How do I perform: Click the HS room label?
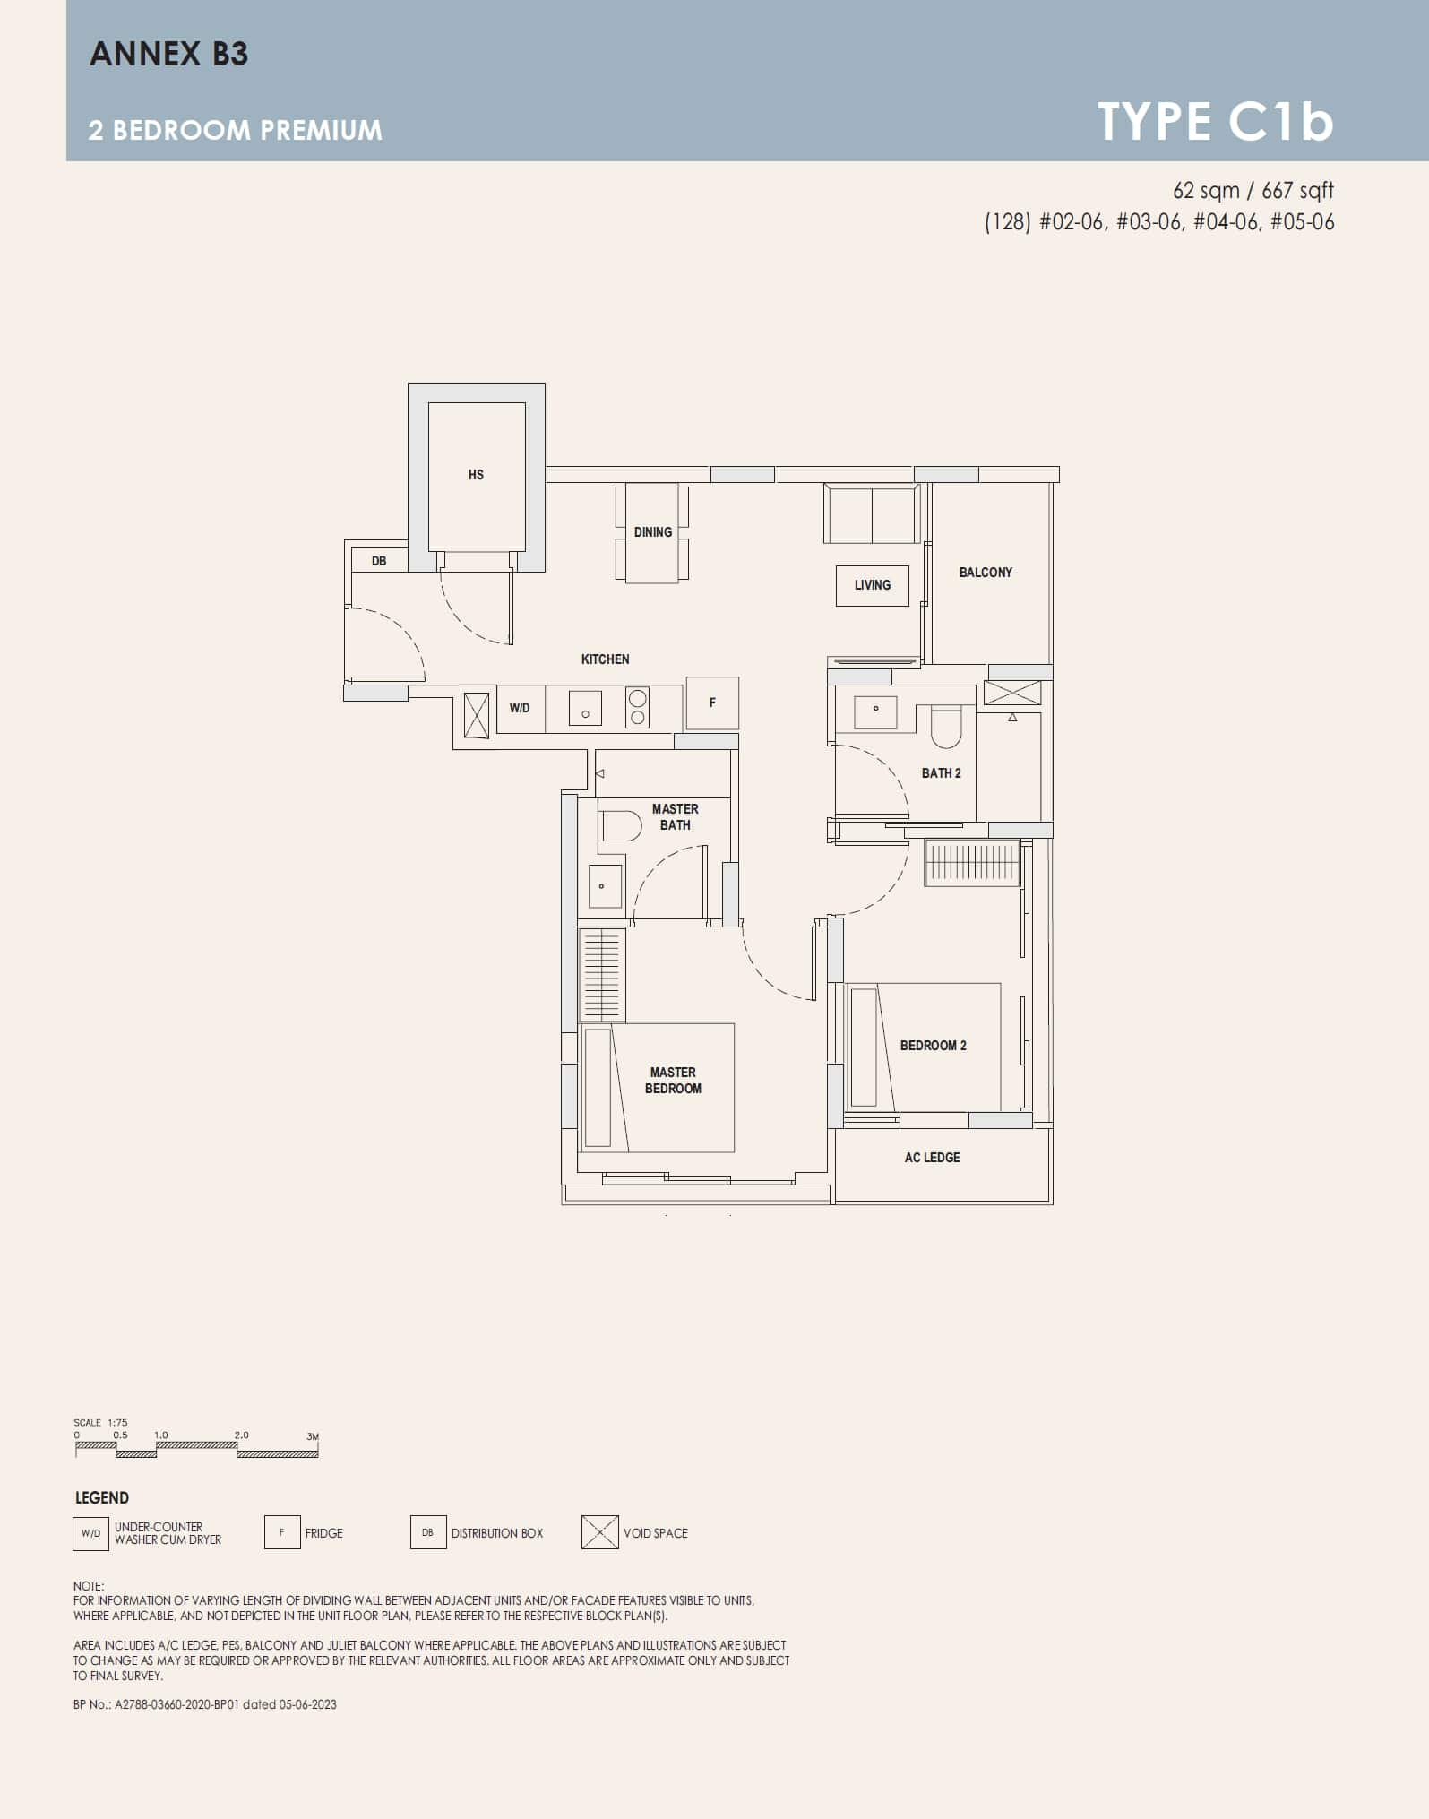(476, 475)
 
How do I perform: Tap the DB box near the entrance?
(379, 561)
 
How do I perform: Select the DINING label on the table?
(652, 532)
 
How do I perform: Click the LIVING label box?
(872, 585)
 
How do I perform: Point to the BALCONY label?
(986, 573)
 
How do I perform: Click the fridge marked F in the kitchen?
(712, 703)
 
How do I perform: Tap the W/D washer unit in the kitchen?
(520, 708)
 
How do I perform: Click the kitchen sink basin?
(585, 708)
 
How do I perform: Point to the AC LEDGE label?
(932, 1158)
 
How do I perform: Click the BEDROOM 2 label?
(933, 1046)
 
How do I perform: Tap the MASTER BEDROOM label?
(673, 1081)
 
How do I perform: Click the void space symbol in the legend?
(599, 1532)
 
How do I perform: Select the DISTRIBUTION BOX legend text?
(497, 1533)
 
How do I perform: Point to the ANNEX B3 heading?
(169, 54)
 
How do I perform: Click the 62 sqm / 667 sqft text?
(1253, 191)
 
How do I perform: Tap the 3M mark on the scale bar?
(313, 1436)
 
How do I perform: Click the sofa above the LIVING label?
(872, 514)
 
